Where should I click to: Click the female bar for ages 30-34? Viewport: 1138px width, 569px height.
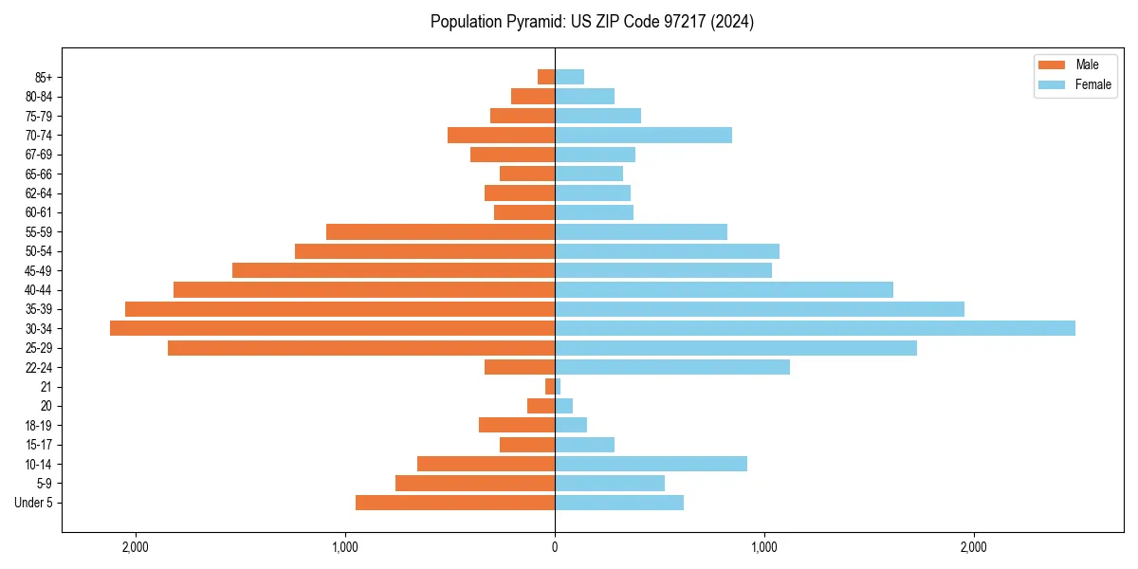pos(815,328)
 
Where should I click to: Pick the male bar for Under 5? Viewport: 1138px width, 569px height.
pos(455,503)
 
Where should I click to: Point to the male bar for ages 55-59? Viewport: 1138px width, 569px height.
pos(440,231)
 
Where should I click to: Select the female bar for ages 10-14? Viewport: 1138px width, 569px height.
pos(651,464)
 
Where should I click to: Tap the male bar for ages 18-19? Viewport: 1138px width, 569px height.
pos(517,425)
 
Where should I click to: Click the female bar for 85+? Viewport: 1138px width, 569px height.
pos(569,77)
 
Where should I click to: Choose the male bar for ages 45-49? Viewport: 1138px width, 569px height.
pos(394,270)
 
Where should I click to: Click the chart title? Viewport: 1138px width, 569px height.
pos(592,22)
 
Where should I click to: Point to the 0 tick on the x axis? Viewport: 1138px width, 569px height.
pos(555,547)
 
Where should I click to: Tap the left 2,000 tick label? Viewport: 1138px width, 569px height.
pos(136,547)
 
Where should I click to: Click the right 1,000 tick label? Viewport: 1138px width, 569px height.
pos(764,547)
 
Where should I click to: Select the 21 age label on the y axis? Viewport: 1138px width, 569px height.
pos(46,387)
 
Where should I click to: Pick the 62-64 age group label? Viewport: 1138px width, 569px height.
pos(39,193)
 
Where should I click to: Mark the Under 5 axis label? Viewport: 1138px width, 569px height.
pos(33,503)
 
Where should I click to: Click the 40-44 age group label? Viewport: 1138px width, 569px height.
pos(39,290)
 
